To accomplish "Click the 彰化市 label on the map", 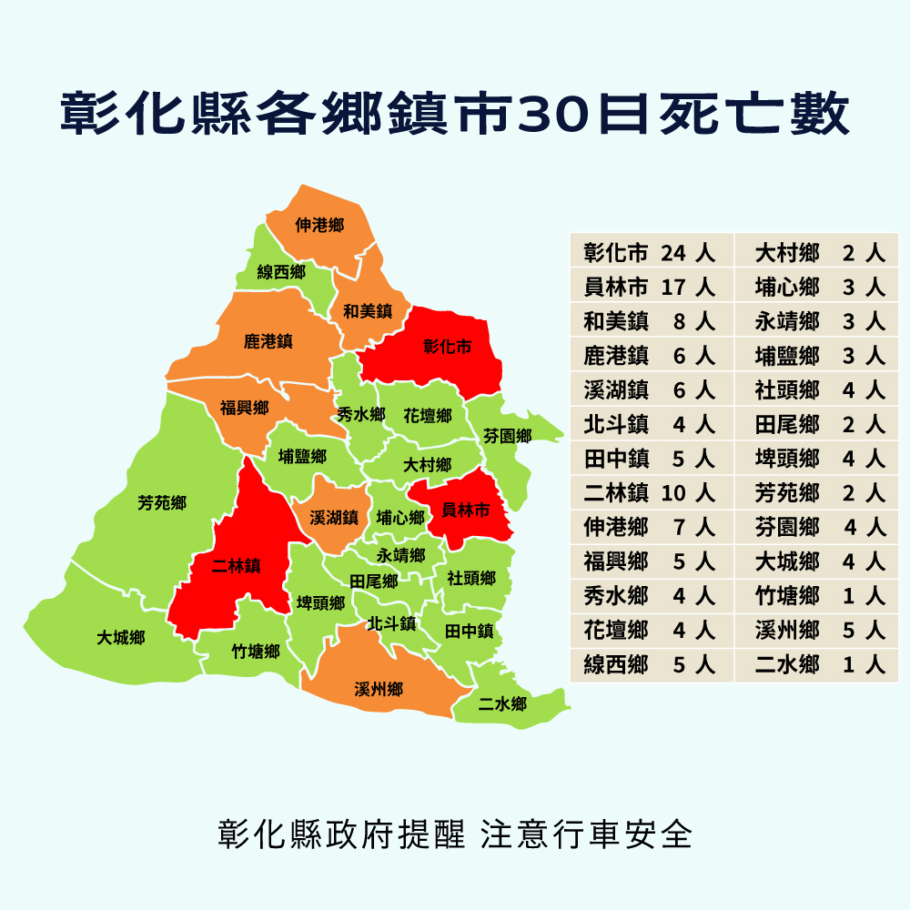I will pyautogui.click(x=448, y=347).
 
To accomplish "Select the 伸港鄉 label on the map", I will pyautogui.click(x=319, y=224).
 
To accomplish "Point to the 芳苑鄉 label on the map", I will pyautogui.click(x=162, y=503).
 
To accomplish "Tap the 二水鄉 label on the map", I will pyautogui.click(x=502, y=703).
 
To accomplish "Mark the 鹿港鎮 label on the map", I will pyautogui.click(x=268, y=342).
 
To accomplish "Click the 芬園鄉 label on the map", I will pyautogui.click(x=508, y=436).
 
